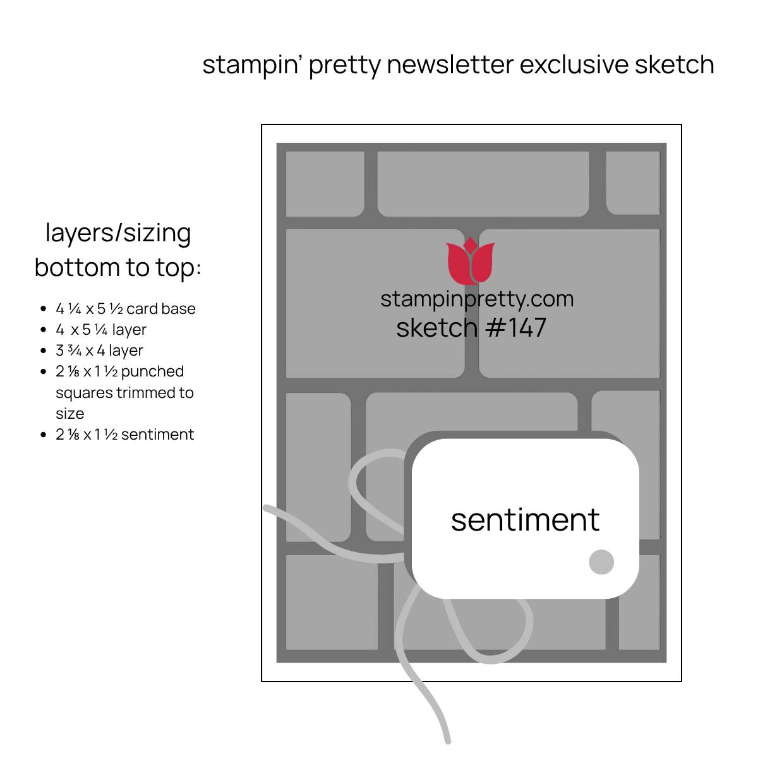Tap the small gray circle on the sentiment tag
601,562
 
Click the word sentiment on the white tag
525,520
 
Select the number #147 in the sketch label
516,327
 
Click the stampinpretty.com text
477,299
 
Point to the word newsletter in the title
450,64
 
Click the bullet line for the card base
126,309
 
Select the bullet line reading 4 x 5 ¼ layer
101,330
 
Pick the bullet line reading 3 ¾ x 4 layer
99,351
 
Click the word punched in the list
152,371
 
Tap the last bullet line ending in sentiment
124,435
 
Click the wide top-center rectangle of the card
483,184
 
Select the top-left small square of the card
325,184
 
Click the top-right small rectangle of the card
632,183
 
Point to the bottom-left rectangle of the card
332,602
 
